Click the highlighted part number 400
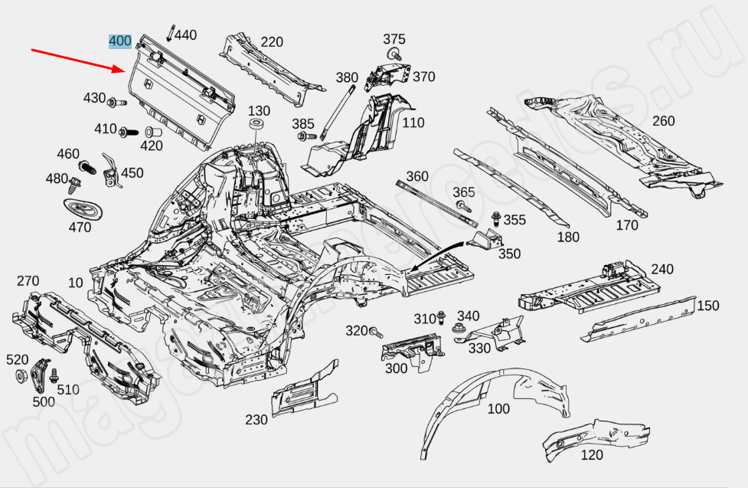(120, 41)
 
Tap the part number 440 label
(185, 34)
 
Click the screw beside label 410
(126, 132)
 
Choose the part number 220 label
(272, 42)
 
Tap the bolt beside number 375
(394, 54)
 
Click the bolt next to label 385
(303, 136)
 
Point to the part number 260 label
(663, 121)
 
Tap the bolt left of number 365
(462, 205)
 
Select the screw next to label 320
(375, 332)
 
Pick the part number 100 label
(498, 409)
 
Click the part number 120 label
(592, 455)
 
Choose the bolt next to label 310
(442, 318)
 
